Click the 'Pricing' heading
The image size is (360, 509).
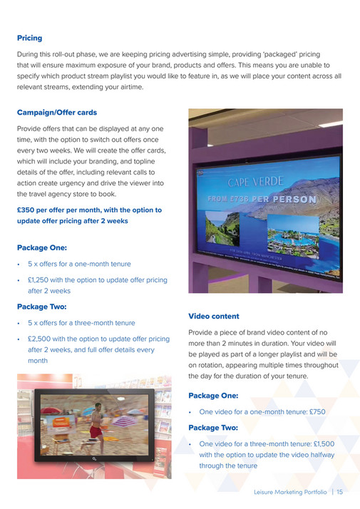click(x=29, y=38)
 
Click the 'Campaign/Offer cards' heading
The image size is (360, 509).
click(x=57, y=113)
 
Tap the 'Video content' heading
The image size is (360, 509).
click(x=214, y=316)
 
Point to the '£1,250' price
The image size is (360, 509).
click(x=40, y=280)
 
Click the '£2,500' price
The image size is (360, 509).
click(x=41, y=339)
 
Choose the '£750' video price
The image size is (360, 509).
click(x=318, y=411)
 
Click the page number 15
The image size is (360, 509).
click(x=340, y=492)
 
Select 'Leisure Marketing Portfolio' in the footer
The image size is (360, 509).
click(x=290, y=492)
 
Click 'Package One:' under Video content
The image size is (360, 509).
click(x=213, y=396)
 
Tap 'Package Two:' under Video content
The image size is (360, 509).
click(x=213, y=428)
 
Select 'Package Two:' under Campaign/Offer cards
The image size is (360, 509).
click(x=41, y=307)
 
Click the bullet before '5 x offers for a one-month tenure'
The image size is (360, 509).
click(x=19, y=264)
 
